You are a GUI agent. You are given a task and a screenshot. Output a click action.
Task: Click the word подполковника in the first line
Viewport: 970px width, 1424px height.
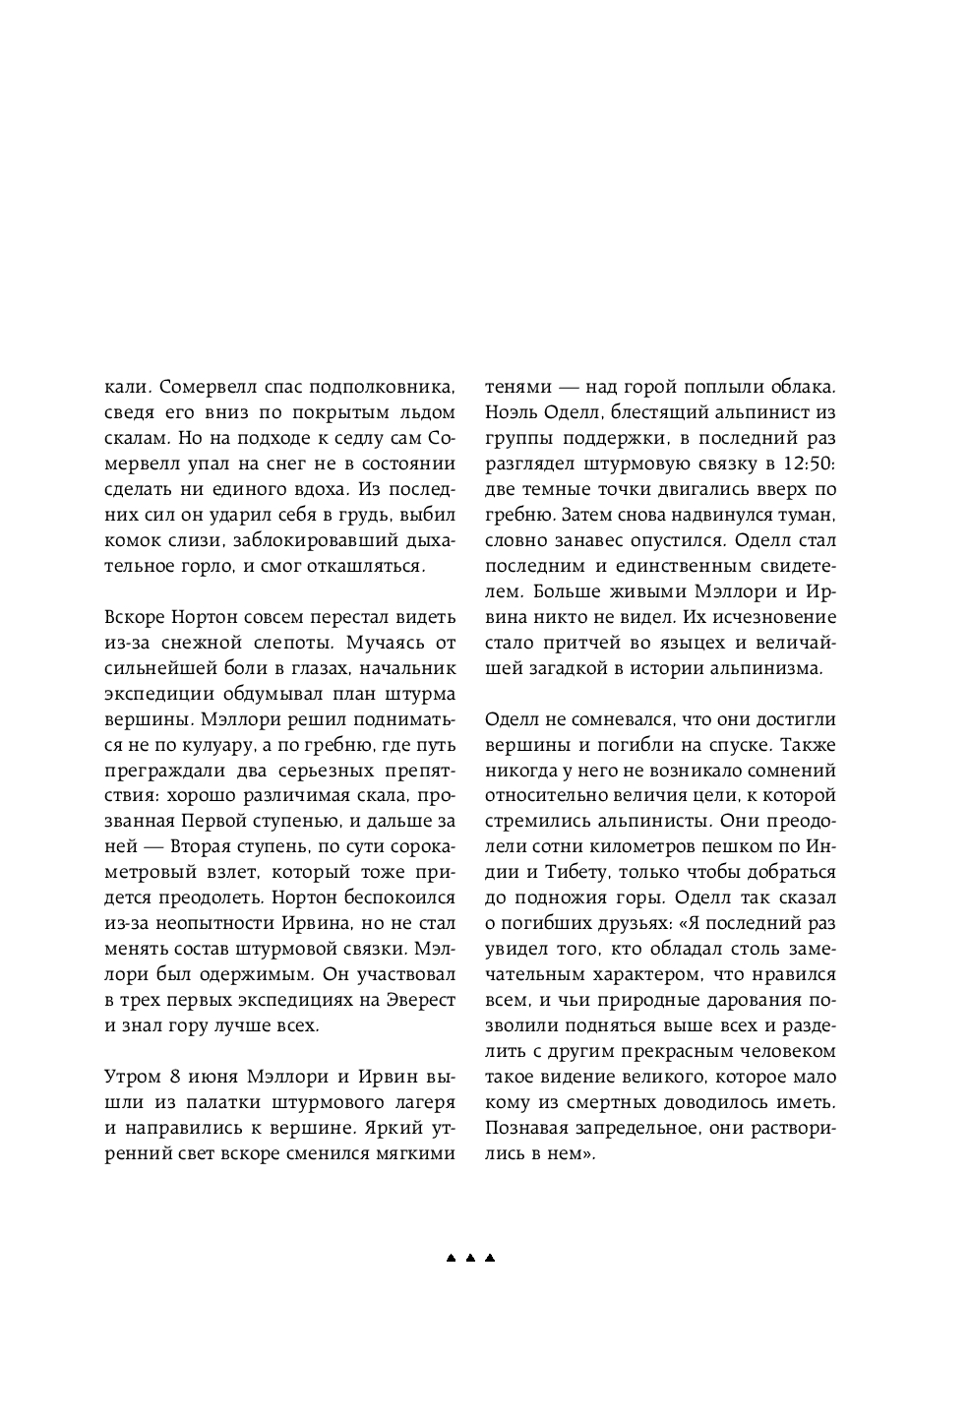379,387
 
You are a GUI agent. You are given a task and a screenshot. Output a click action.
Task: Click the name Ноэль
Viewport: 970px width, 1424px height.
508,412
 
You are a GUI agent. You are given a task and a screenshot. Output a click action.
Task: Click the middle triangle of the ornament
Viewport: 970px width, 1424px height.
470,1258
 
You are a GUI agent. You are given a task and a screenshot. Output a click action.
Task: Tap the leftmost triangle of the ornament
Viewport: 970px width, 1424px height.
451,1258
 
